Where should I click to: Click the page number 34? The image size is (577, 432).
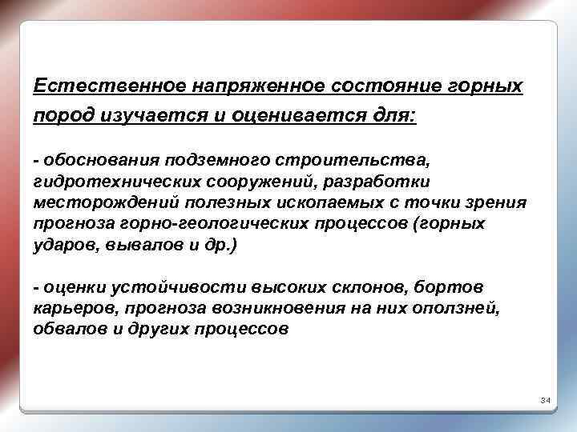(x=545, y=399)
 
